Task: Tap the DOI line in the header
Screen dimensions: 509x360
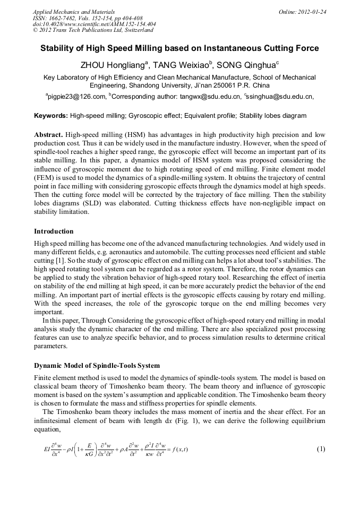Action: (94, 24)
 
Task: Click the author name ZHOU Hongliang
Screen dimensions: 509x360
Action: (113, 65)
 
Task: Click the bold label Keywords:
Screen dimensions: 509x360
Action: (50, 115)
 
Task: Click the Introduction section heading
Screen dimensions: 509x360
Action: (54, 231)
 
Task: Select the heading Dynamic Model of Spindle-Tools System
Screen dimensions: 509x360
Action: (97, 366)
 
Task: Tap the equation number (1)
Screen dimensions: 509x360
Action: (321, 449)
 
